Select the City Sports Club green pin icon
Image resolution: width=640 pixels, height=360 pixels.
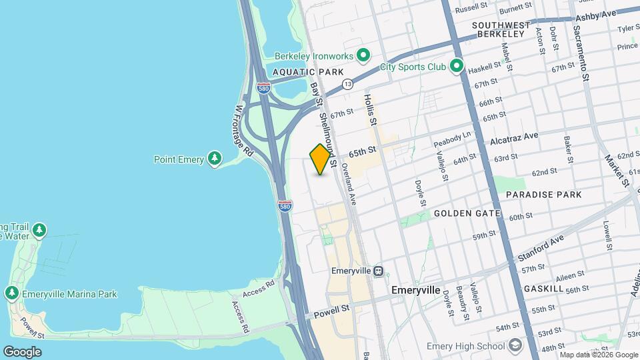click(456, 66)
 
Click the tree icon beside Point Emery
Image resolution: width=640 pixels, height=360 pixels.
click(214, 159)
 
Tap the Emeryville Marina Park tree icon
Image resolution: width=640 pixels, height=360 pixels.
click(11, 293)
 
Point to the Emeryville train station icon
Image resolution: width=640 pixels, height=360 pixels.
click(378, 271)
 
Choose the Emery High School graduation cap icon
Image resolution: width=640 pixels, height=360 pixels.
click(515, 345)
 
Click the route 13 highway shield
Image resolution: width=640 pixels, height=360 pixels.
click(347, 84)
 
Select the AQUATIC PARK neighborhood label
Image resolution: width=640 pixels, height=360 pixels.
click(308, 72)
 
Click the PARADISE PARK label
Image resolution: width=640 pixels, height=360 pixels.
click(543, 195)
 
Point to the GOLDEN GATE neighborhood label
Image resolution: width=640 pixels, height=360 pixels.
click(467, 213)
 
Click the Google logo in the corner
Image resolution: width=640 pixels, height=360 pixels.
click(22, 351)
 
